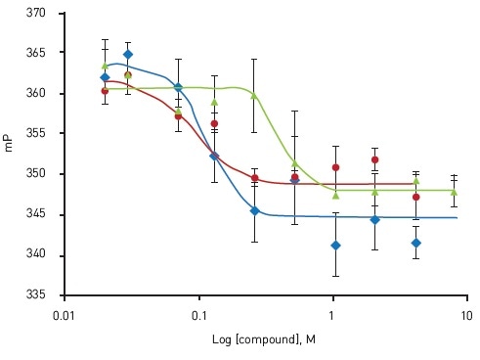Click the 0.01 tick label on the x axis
pos(65,316)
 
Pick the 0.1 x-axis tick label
pos(198,316)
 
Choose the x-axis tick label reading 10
pos(466,316)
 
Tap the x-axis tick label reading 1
pos(332,316)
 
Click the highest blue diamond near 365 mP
pos(128,55)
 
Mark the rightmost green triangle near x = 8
pos(454,192)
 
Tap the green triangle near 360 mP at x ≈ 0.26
pos(254,95)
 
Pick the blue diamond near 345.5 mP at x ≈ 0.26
pos(254,210)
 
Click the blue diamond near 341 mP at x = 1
pos(335,245)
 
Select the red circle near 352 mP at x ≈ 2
pos(374,159)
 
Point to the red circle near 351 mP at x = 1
pos(335,167)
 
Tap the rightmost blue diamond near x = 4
pos(415,243)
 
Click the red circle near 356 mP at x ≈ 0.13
pos(214,124)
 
